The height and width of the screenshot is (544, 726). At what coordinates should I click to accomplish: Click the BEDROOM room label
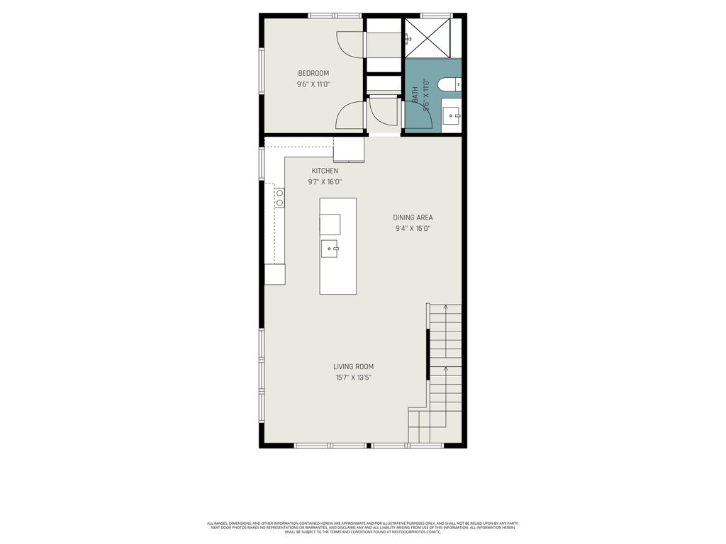pos(313,73)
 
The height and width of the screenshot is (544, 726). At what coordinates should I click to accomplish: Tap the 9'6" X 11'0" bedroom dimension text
pos(313,84)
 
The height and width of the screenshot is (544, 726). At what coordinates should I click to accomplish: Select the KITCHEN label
pos(325,171)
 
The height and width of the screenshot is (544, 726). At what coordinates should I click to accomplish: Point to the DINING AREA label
pos(413,217)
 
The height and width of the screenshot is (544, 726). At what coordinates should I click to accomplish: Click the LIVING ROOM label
pos(354,366)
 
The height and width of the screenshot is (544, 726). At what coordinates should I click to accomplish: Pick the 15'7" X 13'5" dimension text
pos(354,378)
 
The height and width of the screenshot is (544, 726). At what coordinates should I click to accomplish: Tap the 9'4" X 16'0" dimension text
pos(413,229)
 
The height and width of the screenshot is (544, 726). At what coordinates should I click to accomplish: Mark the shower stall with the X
pos(428,38)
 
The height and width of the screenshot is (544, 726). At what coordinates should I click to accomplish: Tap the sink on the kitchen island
pos(330,249)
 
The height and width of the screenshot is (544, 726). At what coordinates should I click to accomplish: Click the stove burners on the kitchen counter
pos(279,198)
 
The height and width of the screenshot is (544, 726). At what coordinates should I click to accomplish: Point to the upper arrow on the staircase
pos(445,308)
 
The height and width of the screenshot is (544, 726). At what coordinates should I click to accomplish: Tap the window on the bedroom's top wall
pos(335,15)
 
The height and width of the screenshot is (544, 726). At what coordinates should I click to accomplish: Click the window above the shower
pos(437,15)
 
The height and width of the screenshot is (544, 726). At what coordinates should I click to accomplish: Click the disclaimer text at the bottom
pos(362,528)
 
